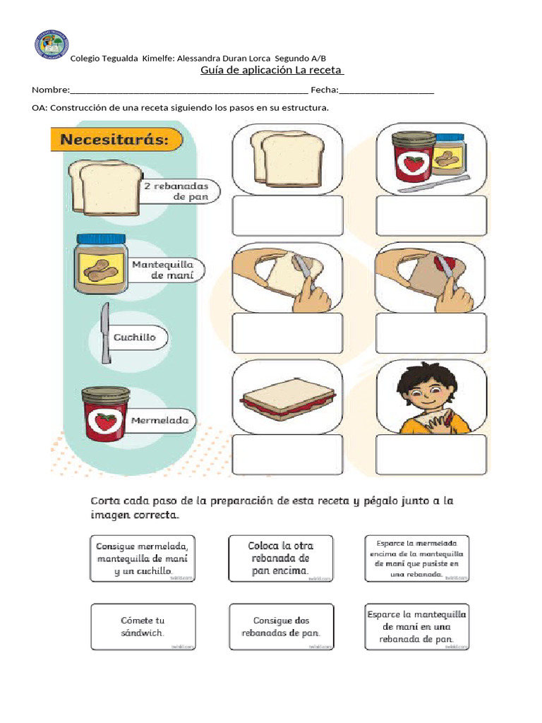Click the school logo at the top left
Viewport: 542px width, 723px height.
point(51,44)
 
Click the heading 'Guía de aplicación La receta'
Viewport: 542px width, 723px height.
point(272,71)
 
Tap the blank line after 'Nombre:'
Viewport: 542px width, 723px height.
point(189,91)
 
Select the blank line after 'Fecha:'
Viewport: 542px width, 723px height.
point(387,91)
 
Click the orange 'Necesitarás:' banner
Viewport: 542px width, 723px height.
point(114,139)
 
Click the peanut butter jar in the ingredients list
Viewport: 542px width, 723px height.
point(102,265)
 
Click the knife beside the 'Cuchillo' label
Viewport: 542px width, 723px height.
point(106,333)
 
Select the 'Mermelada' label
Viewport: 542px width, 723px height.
point(159,421)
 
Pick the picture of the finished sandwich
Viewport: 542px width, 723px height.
point(287,400)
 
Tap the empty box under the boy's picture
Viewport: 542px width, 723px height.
point(431,454)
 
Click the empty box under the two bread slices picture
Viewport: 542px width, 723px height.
point(287,215)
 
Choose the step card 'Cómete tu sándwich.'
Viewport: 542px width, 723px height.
point(143,626)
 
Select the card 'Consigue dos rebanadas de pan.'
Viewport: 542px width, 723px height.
point(281,626)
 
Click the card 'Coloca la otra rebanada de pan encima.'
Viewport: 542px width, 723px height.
point(281,558)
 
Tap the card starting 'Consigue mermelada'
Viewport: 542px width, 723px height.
point(143,558)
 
